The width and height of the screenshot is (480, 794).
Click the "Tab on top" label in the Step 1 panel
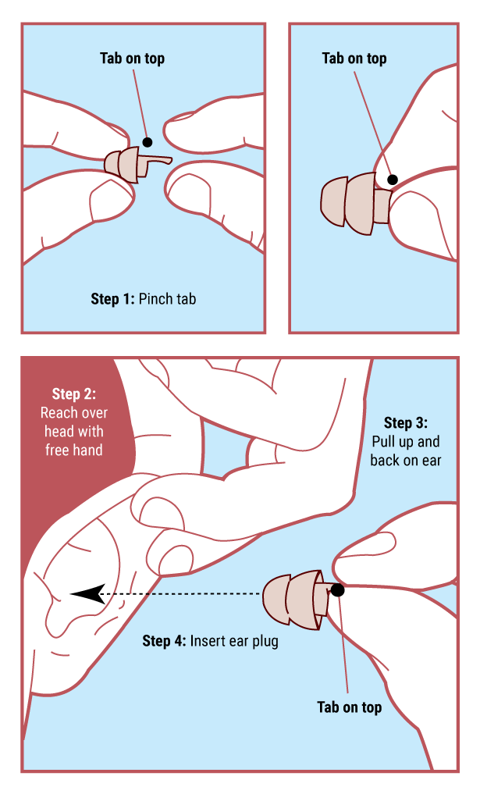(x=132, y=59)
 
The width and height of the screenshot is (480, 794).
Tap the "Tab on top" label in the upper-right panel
(x=354, y=59)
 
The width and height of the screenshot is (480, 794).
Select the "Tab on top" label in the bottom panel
(x=350, y=707)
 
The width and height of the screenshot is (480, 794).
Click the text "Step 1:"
(x=113, y=299)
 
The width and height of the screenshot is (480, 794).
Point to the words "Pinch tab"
(x=168, y=299)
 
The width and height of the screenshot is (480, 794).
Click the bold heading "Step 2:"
(x=74, y=394)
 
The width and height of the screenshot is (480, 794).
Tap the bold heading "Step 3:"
(x=406, y=423)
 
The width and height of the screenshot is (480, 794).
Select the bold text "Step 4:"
(x=164, y=641)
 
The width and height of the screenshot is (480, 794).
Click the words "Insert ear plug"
(x=234, y=642)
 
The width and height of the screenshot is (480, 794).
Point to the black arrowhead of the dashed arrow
(x=87, y=593)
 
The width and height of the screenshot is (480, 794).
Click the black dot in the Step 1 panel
(x=148, y=142)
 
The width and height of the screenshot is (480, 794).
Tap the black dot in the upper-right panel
(x=393, y=180)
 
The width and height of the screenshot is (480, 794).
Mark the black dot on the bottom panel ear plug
(x=337, y=590)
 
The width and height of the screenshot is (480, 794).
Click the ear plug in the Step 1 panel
(x=132, y=164)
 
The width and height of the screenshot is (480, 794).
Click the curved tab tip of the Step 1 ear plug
(x=167, y=161)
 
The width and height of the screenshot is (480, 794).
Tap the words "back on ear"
(x=406, y=461)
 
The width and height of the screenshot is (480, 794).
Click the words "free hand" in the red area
(x=74, y=450)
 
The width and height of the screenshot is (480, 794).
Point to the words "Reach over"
(x=74, y=413)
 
